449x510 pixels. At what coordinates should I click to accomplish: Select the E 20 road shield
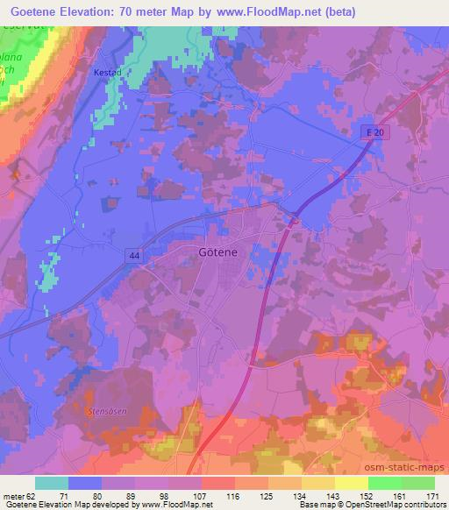click(375, 131)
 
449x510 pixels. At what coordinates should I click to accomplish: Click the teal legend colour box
click(51, 483)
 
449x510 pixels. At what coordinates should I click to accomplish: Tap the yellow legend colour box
click(352, 483)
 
